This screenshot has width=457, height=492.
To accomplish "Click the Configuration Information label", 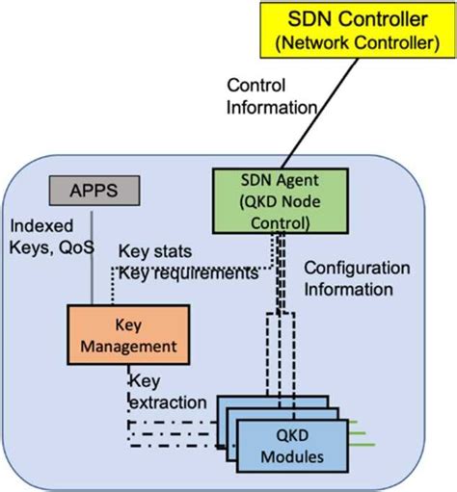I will [x=356, y=278].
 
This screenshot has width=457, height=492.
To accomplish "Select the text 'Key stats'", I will [x=150, y=252].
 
